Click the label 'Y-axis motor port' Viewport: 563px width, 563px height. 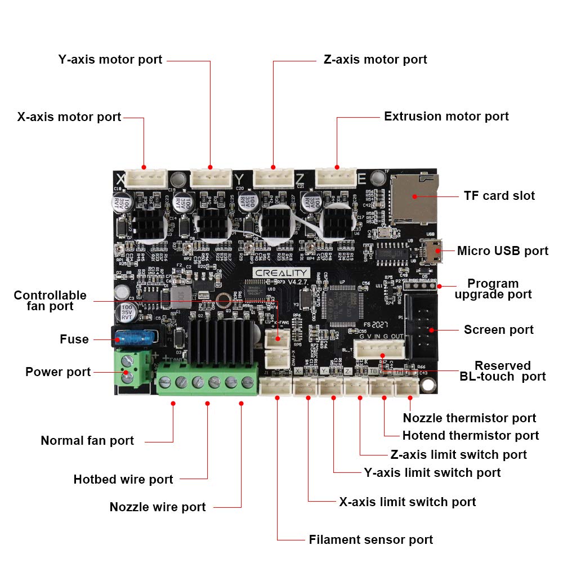[110, 59]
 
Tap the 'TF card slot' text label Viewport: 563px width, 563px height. [499, 195]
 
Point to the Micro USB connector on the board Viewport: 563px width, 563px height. [434, 251]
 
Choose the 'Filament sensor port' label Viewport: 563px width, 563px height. [370, 539]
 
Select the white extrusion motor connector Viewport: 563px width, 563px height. [336, 177]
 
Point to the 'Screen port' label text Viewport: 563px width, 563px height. [498, 329]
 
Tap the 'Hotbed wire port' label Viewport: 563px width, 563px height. [123, 479]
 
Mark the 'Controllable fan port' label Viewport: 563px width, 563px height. [50, 301]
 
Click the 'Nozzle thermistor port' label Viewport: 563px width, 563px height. [469, 418]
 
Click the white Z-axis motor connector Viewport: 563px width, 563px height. [273, 177]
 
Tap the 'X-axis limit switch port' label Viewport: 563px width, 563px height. [407, 502]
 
